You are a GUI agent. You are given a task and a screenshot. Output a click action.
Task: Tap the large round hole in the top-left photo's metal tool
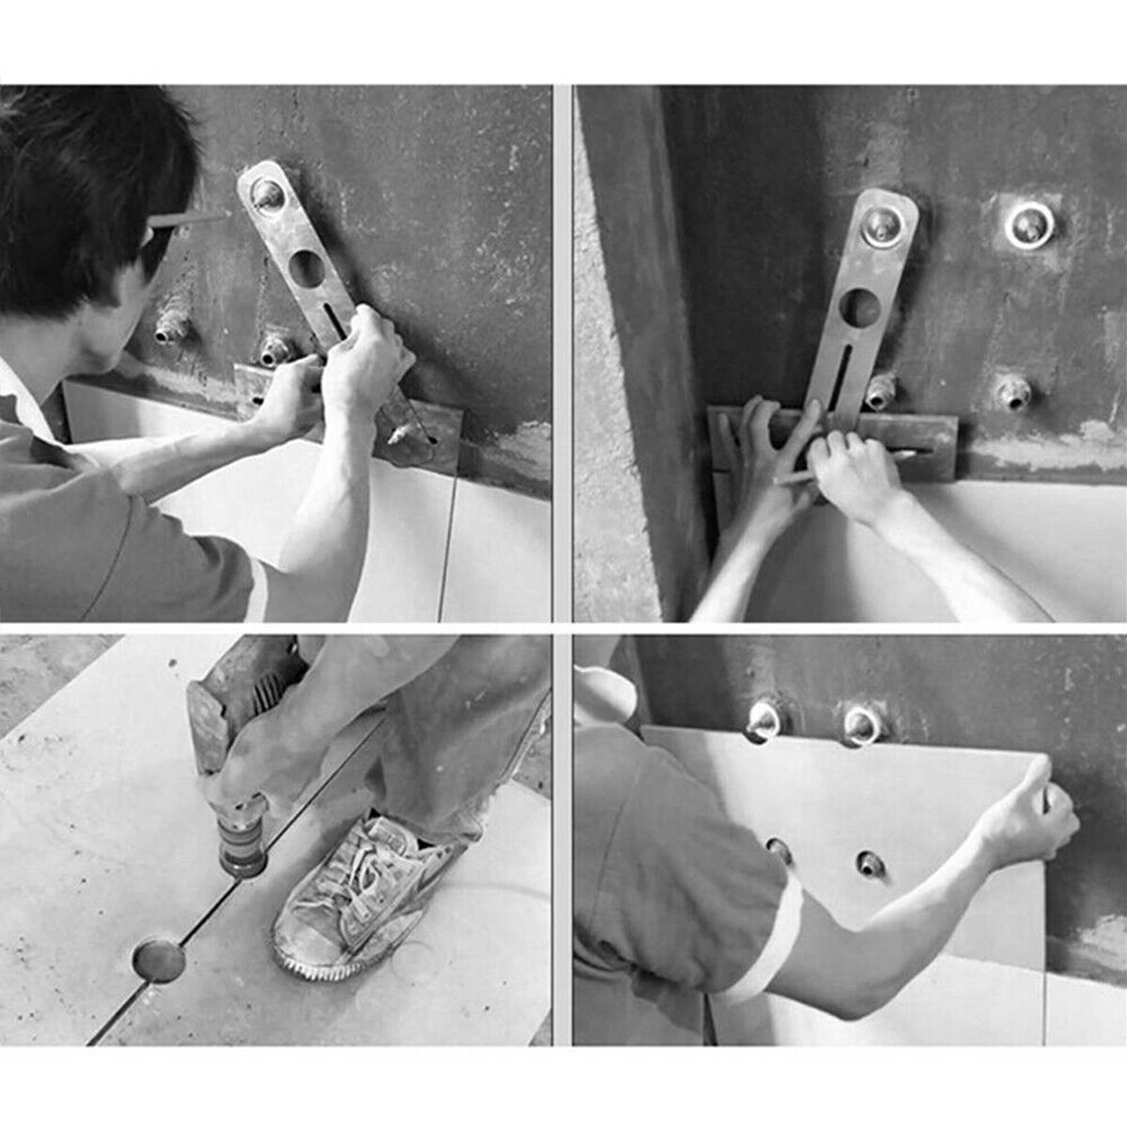[306, 269]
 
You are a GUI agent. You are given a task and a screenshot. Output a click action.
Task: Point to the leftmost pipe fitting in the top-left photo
[172, 328]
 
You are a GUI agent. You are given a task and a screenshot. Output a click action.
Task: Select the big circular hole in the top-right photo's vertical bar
[860, 307]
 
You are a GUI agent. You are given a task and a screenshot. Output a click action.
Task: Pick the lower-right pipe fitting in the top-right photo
[1014, 392]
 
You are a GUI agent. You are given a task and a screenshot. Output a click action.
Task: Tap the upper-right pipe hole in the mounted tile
[862, 724]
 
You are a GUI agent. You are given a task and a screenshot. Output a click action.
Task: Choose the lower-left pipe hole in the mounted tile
[779, 850]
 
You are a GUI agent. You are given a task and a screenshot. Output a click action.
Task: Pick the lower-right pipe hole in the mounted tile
[870, 863]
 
